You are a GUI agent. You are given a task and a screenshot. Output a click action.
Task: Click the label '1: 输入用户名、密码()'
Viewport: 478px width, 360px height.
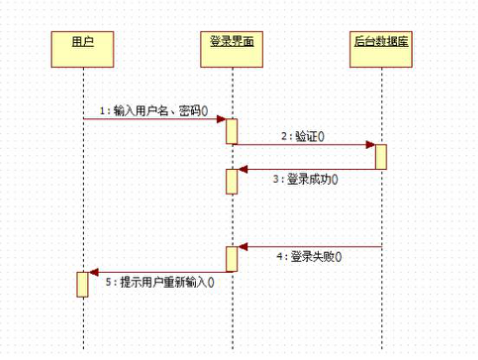[152, 110]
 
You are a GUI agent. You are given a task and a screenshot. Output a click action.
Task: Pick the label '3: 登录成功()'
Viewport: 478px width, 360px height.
[305, 180]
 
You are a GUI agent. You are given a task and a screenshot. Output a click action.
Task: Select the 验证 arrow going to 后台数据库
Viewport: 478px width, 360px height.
[305, 145]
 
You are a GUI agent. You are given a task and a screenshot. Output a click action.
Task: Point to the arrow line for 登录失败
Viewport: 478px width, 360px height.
[310, 246]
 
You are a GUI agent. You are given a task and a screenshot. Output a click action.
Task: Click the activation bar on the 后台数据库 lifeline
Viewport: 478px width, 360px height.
[381, 156]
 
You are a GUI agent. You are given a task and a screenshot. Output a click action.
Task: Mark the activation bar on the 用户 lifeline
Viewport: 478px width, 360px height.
[83, 283]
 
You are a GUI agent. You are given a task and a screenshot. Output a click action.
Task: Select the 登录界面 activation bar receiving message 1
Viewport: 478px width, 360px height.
[231, 131]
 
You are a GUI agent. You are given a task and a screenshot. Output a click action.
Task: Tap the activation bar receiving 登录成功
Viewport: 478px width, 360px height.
[231, 180]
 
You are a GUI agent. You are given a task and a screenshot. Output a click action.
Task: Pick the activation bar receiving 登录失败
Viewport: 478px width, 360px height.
[231, 257]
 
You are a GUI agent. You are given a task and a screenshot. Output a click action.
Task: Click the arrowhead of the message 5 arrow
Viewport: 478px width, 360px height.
[93, 271]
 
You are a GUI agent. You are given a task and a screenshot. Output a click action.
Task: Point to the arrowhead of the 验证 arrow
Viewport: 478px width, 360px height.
[370, 145]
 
